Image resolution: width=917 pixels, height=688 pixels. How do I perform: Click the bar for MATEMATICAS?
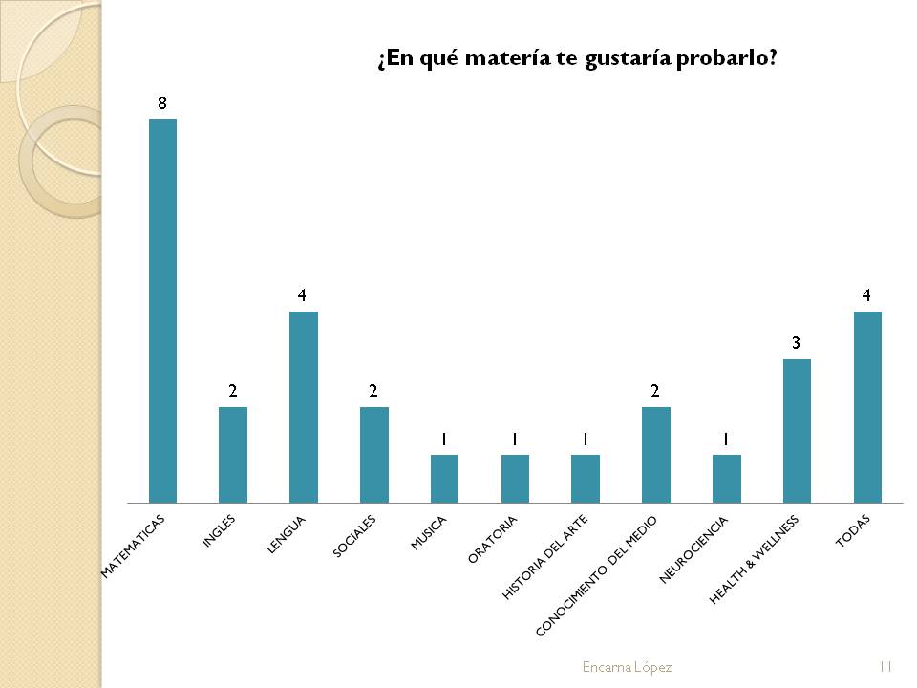[162, 311]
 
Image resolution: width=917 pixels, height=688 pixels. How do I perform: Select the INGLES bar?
[233, 455]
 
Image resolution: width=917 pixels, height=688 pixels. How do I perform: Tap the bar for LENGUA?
[304, 407]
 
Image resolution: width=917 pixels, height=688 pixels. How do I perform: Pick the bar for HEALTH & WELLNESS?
[797, 431]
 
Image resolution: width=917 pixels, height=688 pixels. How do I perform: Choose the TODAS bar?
[867, 407]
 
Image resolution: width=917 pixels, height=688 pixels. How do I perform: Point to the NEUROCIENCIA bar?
[727, 479]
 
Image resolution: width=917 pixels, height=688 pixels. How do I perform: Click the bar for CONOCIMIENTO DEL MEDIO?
[656, 455]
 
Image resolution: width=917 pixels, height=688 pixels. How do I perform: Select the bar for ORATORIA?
[515, 479]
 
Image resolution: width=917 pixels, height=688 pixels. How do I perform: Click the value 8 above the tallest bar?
[162, 102]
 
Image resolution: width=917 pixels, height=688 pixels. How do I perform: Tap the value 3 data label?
[796, 342]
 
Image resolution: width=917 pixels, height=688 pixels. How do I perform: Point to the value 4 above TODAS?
[866, 295]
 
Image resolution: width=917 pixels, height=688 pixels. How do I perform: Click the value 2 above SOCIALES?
[373, 391]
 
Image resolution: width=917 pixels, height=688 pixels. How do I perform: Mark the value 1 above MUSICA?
[444, 439]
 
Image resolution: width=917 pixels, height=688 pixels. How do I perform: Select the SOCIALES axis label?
[355, 537]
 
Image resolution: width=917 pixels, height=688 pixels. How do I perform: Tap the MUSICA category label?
[429, 532]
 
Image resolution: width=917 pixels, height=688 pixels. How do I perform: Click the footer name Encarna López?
[627, 667]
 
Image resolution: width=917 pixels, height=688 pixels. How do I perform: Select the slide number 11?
[885, 667]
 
